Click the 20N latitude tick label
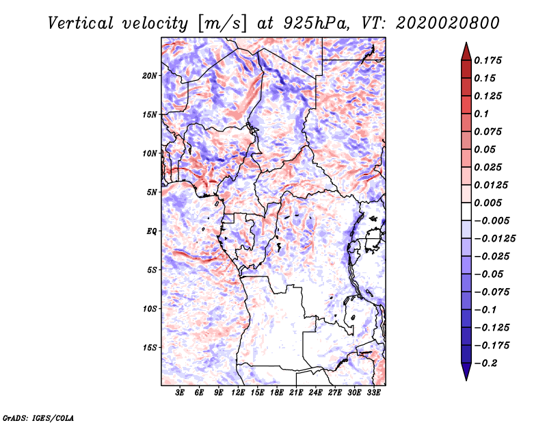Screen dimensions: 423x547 point(150,75)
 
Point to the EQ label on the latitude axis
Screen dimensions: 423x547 point(151,231)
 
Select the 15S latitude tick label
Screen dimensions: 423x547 point(150,347)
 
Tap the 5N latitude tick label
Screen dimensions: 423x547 point(151,192)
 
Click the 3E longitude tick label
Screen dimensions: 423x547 point(180,394)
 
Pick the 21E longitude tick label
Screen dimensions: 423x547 point(296,394)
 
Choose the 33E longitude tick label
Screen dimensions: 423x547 point(374,394)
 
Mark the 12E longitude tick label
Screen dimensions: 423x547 point(238,394)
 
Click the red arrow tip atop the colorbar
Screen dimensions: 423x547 point(466,48)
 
